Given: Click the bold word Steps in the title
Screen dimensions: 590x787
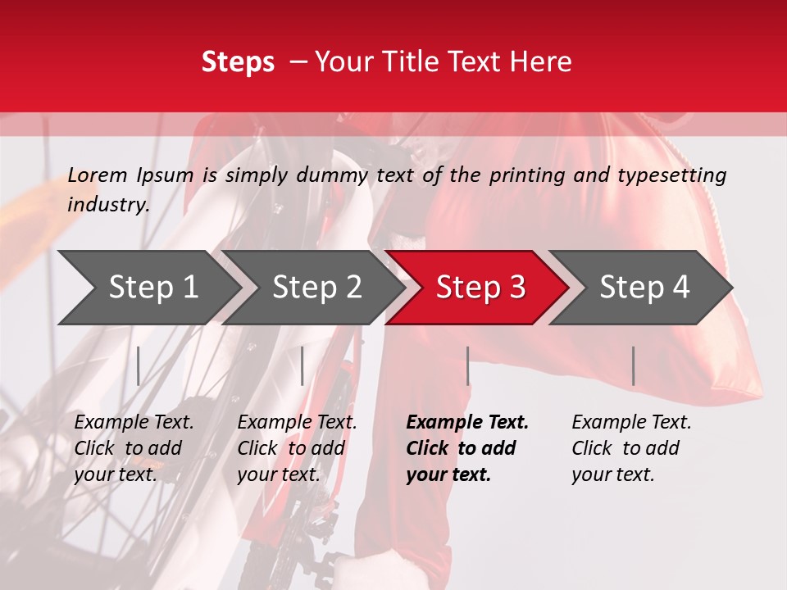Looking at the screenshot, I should [x=238, y=62].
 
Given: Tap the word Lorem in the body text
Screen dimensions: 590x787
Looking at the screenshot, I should [x=98, y=175].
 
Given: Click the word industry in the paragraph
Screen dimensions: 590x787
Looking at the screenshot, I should [x=107, y=204].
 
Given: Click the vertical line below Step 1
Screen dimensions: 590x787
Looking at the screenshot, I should [x=139, y=365].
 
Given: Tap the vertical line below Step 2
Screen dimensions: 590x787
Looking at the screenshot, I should [x=303, y=365].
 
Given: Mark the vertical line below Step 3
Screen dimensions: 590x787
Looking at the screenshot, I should [x=468, y=365].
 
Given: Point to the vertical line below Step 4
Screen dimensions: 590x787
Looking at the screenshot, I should [x=633, y=365].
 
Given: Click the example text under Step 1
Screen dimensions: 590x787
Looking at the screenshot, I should [x=134, y=448].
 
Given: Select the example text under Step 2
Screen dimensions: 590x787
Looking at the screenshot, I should [x=297, y=448].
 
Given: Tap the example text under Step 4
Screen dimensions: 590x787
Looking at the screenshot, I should [x=631, y=448].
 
